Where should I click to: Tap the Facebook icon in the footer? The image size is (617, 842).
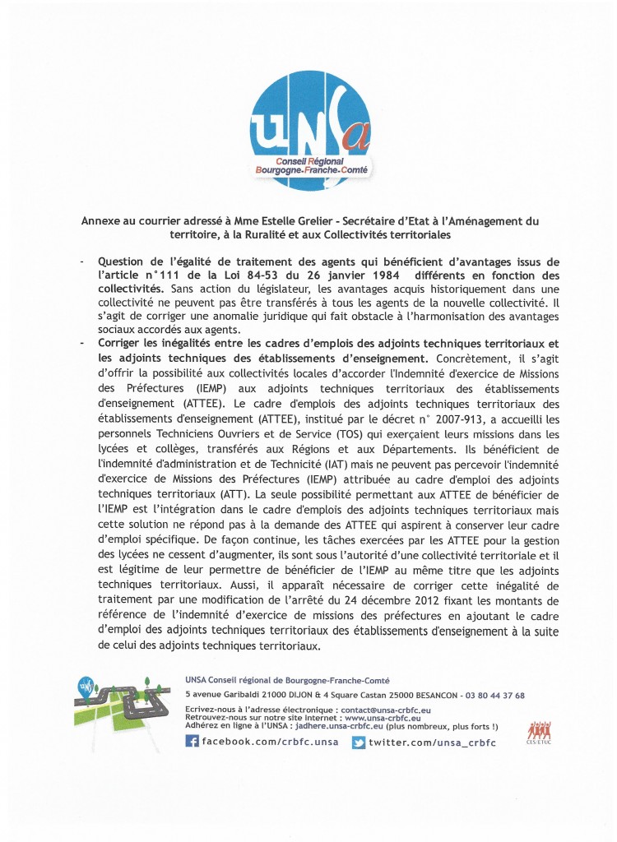pyautogui.click(x=192, y=743)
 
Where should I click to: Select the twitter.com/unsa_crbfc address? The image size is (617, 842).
pyautogui.click(x=432, y=743)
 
